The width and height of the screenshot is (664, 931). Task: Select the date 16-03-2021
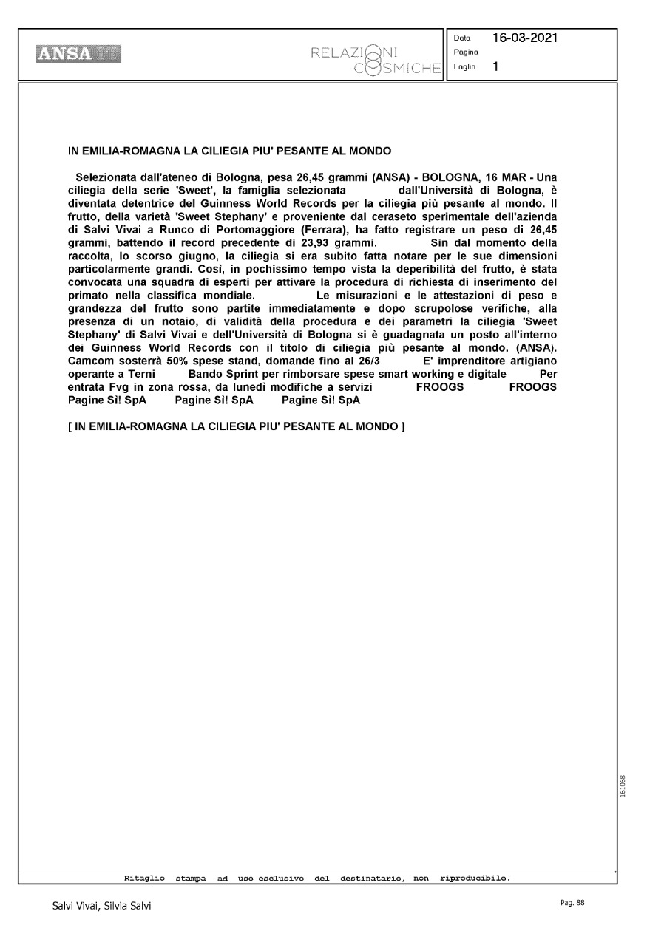(525, 38)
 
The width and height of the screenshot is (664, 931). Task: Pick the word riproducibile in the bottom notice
(473, 879)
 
